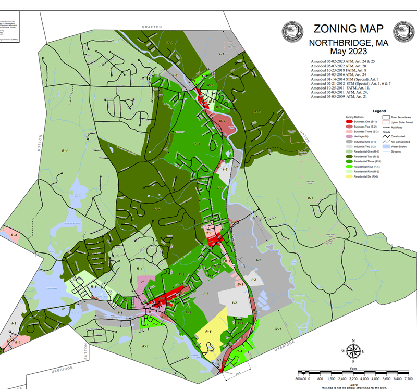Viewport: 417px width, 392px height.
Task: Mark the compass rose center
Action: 353,351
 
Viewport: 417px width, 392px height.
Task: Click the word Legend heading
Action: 378,111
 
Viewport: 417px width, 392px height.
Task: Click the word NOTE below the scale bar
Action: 353,385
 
